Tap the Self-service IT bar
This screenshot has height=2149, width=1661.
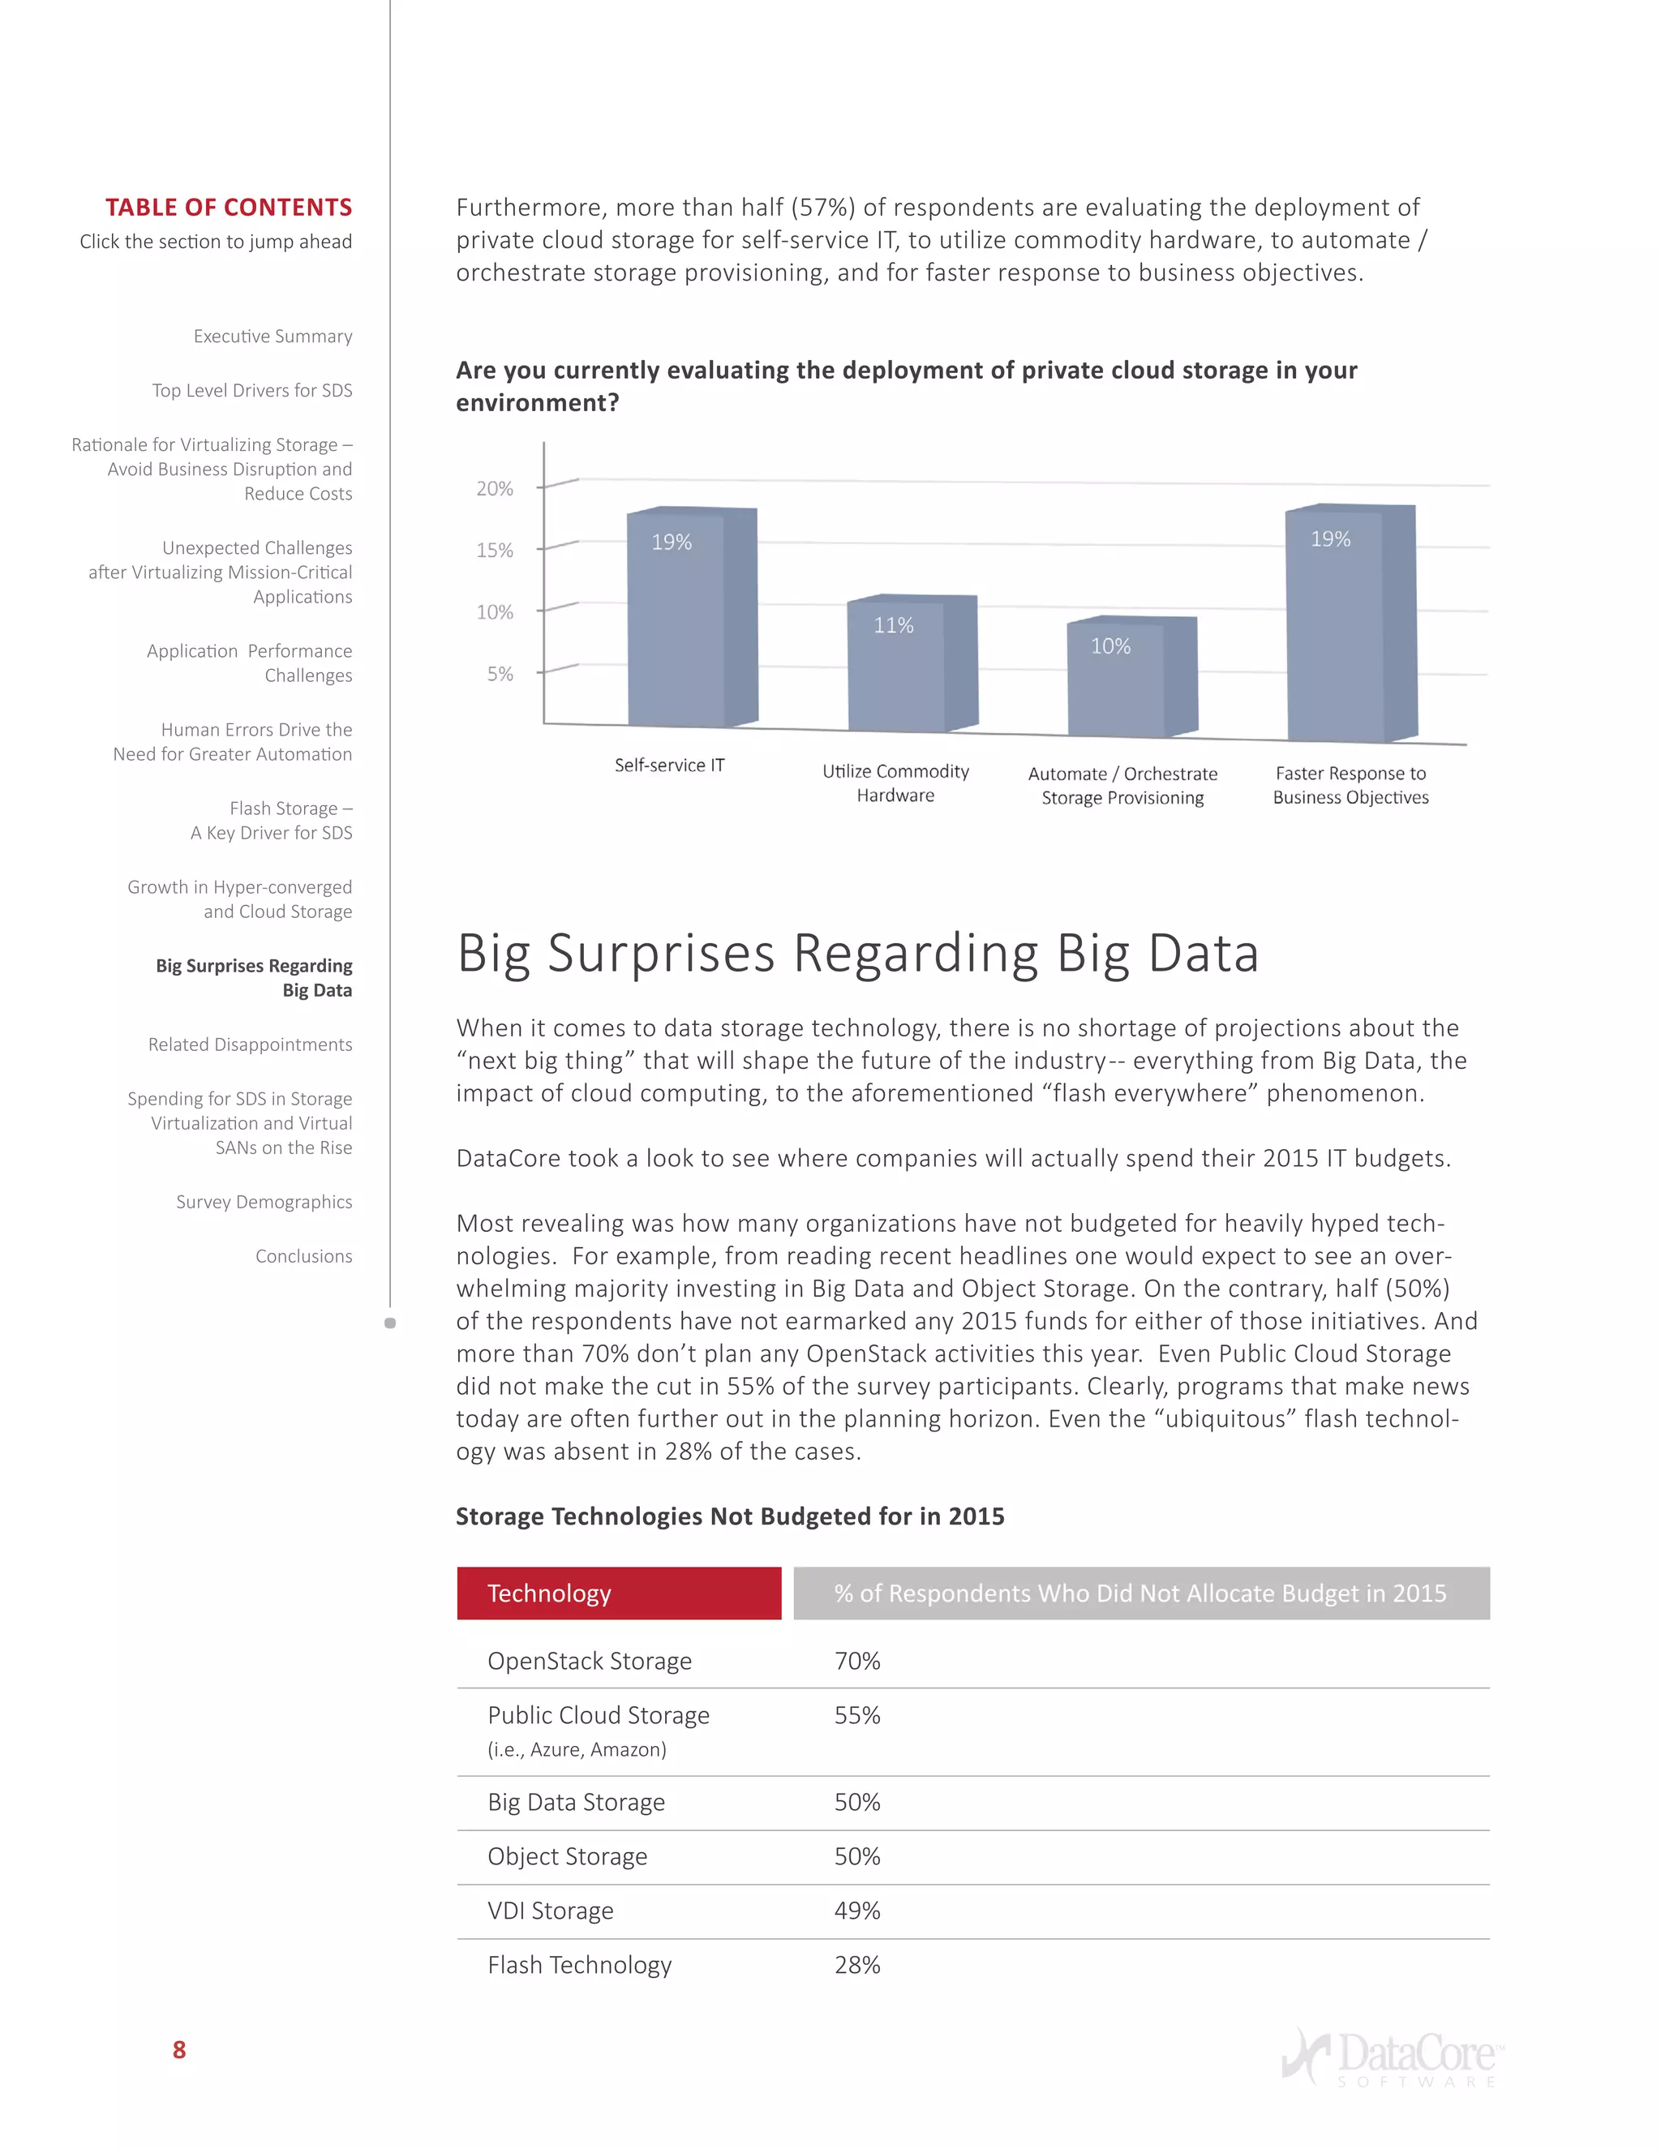pyautogui.click(x=691, y=620)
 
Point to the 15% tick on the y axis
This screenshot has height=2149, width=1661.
pyautogui.click(x=495, y=550)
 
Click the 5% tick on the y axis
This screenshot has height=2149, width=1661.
pyautogui.click(x=500, y=674)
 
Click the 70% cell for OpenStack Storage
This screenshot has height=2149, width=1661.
pyautogui.click(x=857, y=1661)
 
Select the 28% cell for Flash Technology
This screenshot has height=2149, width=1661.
pyautogui.click(x=857, y=1965)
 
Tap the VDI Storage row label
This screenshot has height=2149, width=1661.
pyautogui.click(x=550, y=1911)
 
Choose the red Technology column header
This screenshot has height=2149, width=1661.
pyautogui.click(x=619, y=1593)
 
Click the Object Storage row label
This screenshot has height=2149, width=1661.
pyautogui.click(x=567, y=1857)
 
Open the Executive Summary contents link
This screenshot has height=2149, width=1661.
pyautogui.click(x=273, y=337)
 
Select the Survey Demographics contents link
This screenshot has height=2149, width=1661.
pyautogui.click(x=264, y=1203)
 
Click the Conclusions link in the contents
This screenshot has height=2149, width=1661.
pyautogui.click(x=303, y=1256)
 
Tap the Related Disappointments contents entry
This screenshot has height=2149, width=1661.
pyautogui.click(x=250, y=1045)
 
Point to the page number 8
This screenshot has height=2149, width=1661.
pyautogui.click(x=179, y=2049)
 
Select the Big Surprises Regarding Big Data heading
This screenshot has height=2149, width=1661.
pyautogui.click(x=857, y=954)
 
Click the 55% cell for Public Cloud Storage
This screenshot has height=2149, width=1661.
pyautogui.click(x=857, y=1715)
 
